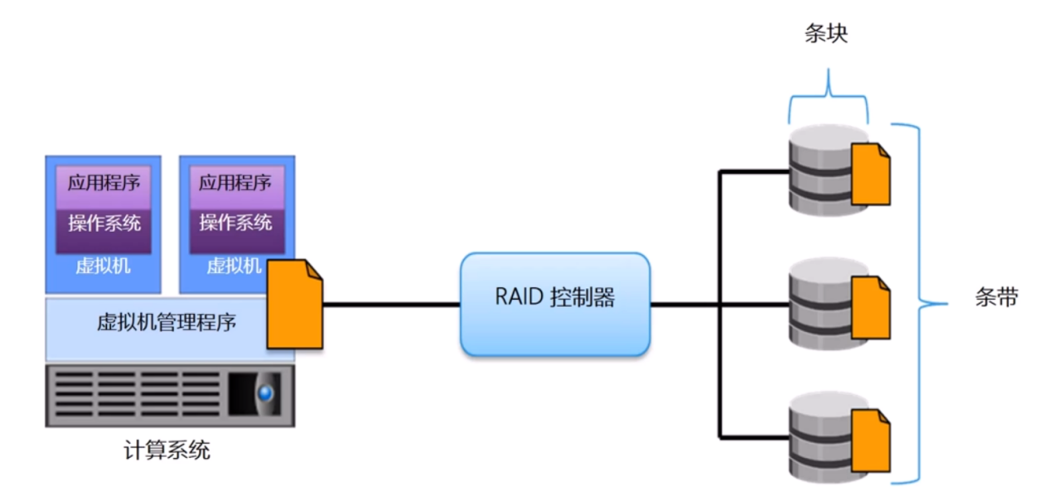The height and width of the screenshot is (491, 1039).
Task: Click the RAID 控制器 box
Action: pyautogui.click(x=554, y=304)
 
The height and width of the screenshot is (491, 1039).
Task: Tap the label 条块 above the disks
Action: pyautogui.click(x=827, y=34)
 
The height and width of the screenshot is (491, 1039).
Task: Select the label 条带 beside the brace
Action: pyautogui.click(x=996, y=299)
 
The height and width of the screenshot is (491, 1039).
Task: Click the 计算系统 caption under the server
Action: pyautogui.click(x=166, y=450)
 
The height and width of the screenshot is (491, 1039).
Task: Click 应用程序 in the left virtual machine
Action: pyautogui.click(x=104, y=183)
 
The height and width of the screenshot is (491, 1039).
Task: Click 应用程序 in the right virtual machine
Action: pyautogui.click(x=235, y=183)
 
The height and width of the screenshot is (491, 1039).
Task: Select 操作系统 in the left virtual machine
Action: pyautogui.click(x=104, y=223)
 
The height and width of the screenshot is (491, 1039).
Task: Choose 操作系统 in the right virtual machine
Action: pyautogui.click(x=235, y=223)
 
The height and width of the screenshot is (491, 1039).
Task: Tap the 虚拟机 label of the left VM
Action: pyautogui.click(x=103, y=267)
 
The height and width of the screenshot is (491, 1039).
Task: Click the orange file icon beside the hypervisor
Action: pyautogui.click(x=294, y=304)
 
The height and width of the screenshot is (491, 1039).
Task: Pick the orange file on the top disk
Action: pyautogui.click(x=871, y=173)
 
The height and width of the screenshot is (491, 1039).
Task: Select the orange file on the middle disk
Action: pyautogui.click(x=871, y=307)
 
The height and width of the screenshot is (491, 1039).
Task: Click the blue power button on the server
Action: pyautogui.click(x=264, y=394)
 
